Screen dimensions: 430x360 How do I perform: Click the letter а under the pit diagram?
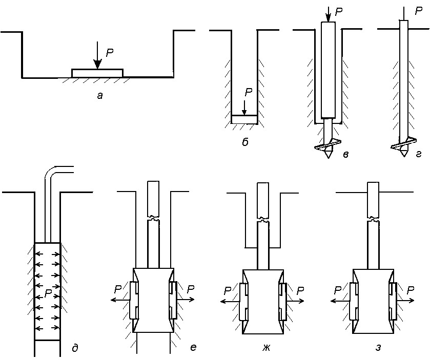tap(100, 96)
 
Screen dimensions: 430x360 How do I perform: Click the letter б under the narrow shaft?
tap(245, 142)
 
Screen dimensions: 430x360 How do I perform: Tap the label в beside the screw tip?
tap(346, 155)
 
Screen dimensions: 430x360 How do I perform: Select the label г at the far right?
tap(419, 155)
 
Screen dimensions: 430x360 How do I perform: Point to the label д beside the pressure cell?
tap(75, 348)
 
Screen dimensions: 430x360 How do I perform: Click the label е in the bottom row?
tap(193, 347)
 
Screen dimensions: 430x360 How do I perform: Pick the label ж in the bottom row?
tap(267, 347)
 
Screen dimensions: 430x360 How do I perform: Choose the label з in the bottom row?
tap(378, 347)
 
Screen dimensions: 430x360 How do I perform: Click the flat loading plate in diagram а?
tap(97, 73)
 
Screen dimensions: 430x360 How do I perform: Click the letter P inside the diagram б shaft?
tap(248, 93)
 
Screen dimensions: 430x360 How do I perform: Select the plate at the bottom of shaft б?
tap(244, 119)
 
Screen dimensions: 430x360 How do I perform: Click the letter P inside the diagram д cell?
tap(48, 294)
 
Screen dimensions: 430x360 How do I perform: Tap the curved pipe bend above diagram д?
tap(50, 173)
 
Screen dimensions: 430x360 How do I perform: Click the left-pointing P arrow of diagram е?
tap(120, 300)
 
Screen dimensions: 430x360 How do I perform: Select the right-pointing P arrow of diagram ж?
tap(295, 301)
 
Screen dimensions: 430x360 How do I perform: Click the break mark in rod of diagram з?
tap(373, 219)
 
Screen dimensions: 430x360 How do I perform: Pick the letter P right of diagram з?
tap(410, 290)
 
